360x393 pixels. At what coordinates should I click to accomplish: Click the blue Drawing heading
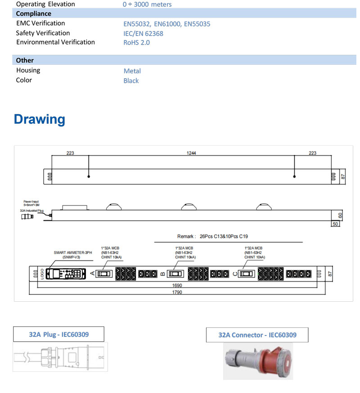point(40,119)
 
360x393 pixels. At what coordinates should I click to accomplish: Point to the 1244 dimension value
point(192,153)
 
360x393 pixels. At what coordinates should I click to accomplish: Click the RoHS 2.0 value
point(136,43)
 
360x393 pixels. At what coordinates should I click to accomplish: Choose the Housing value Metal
point(132,71)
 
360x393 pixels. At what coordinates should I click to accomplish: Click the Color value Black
point(131,81)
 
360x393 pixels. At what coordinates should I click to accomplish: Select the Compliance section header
point(33,13)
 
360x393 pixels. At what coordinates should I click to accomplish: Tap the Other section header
point(25,60)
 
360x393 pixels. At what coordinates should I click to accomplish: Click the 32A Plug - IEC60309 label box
point(58,334)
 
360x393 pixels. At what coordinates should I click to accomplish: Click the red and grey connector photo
point(257,361)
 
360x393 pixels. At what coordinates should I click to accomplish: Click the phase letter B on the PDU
point(162,273)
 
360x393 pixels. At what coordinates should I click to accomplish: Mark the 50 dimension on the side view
point(335,223)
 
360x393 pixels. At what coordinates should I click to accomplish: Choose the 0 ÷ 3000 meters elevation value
point(147,4)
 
